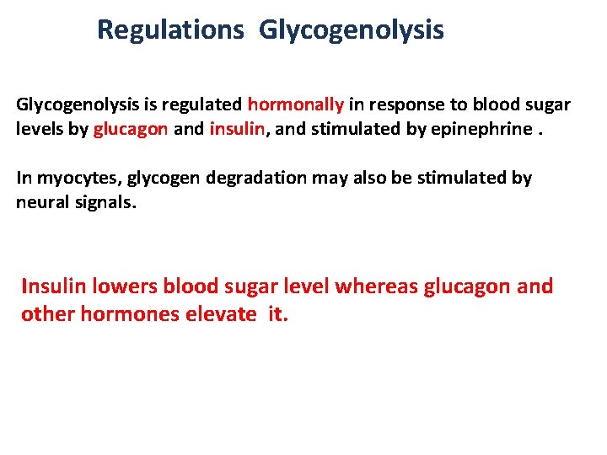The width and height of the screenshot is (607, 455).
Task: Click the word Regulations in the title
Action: coord(170,30)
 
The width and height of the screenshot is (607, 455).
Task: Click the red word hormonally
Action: coord(296,105)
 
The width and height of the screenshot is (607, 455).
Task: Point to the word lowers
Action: coord(126,286)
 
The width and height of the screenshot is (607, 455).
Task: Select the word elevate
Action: coord(220,315)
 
